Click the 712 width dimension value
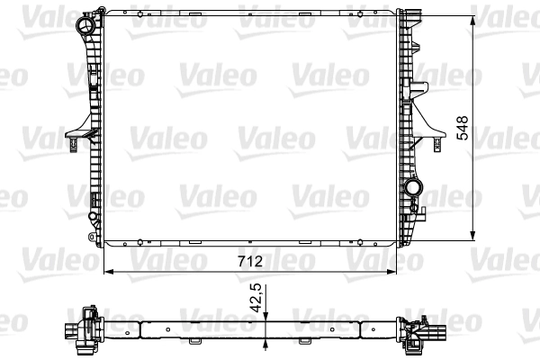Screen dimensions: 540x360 (x=250, y=262)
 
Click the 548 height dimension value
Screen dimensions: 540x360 (x=463, y=128)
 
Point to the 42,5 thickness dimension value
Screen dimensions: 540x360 (x=256, y=298)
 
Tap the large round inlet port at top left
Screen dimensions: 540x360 (x=86, y=25)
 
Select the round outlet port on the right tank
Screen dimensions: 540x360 (x=413, y=188)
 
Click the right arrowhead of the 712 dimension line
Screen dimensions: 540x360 (x=391, y=272)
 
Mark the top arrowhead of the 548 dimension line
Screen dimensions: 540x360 (x=472, y=21)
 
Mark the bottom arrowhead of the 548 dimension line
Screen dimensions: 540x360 (x=472, y=235)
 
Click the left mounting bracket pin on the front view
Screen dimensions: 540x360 (x=73, y=144)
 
